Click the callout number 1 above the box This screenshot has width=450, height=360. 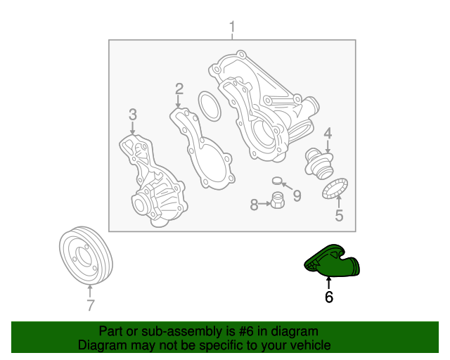coord(232,27)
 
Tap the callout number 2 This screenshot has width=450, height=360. coord(179,89)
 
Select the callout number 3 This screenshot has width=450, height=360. coord(133,115)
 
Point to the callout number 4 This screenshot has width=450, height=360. coord(328,134)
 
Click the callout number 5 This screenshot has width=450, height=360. coord(339,215)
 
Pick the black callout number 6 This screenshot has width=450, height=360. coord(329,297)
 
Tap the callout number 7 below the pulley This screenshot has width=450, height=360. coord(91,305)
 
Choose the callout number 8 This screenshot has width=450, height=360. coord(255,205)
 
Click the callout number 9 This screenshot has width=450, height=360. coord(297,195)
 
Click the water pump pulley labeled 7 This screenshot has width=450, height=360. coord(86,256)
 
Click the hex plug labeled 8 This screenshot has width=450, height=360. coord(278,200)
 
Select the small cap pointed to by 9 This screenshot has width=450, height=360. coord(278,181)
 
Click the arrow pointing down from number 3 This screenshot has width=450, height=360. coord(133,128)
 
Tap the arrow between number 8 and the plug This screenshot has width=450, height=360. coord(264,204)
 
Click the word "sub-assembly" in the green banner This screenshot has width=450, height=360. coord(182,331)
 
